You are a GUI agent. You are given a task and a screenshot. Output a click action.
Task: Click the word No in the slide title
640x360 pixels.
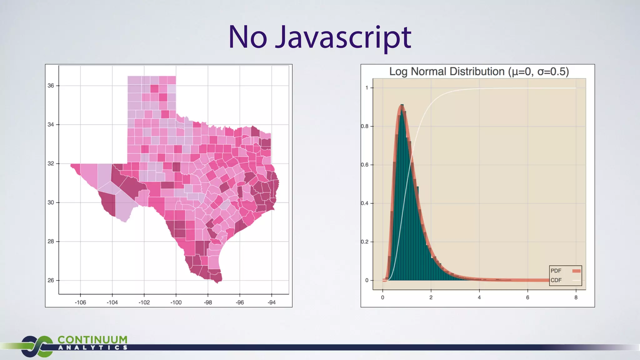(247, 37)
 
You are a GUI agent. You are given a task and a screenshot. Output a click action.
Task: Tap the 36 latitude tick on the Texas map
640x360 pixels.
(51, 86)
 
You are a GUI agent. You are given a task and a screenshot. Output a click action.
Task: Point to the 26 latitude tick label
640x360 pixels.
(51, 280)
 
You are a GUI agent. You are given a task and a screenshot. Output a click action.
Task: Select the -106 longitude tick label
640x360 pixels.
(80, 302)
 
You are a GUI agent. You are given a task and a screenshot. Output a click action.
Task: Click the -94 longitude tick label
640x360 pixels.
(272, 302)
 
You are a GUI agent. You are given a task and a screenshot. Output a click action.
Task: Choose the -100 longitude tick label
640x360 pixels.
(176, 302)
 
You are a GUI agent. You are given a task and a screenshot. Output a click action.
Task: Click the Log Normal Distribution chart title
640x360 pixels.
(479, 72)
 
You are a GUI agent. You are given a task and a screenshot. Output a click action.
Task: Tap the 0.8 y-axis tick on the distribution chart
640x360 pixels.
(365, 126)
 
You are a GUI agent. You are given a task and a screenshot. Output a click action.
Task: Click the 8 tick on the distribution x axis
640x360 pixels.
(576, 297)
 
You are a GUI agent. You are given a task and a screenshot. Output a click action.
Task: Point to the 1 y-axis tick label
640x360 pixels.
(367, 88)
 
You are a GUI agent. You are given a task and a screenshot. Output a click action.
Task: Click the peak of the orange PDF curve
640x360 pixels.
(402, 106)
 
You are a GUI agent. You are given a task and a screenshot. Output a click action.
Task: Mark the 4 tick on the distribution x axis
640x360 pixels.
(479, 297)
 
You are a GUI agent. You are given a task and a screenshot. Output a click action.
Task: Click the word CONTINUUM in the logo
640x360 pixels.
(92, 340)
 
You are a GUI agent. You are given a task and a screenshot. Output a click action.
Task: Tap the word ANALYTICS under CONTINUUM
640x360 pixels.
(92, 347)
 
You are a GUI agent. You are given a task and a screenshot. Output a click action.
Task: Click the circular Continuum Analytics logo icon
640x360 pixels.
(37, 346)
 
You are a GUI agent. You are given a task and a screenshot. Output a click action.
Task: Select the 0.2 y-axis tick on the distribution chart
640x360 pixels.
(365, 242)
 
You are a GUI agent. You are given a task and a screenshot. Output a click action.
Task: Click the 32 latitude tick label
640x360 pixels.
(51, 163)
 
